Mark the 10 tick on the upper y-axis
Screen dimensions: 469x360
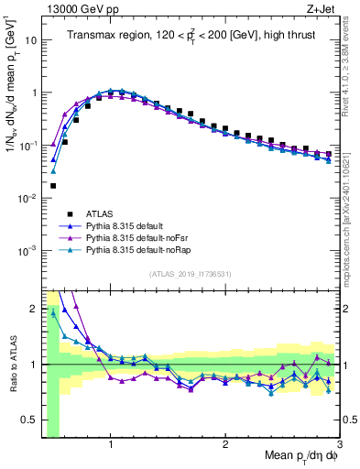(29, 41)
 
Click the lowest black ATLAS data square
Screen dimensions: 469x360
(53, 186)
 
